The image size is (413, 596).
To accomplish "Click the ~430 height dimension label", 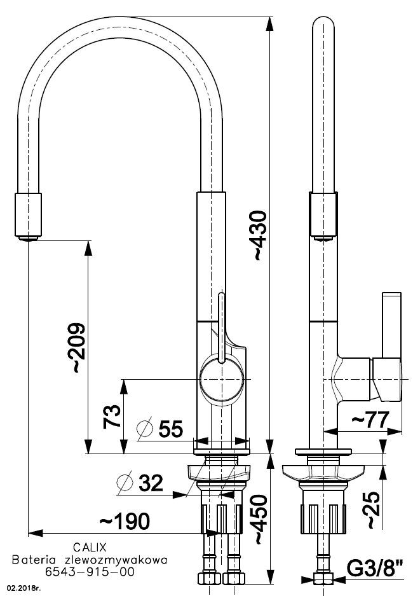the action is [261, 235].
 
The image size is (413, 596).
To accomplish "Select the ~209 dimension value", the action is [76, 347].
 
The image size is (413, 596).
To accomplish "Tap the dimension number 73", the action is [112, 417].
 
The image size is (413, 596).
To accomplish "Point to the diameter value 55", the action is [171, 429].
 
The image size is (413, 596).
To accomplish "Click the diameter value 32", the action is [151, 483].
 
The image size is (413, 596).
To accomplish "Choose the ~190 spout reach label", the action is [125, 522].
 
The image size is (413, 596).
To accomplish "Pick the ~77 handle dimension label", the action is [370, 420].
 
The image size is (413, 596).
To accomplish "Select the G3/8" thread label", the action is [375, 569].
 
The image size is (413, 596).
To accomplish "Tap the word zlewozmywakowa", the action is [116, 560].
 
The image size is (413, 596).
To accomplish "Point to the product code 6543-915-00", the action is [90, 572].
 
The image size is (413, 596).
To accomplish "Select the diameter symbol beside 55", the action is [145, 429].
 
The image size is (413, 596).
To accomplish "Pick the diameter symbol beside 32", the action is [125, 483].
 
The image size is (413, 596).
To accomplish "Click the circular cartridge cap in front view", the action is [221, 379].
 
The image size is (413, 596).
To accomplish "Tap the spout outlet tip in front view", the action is [29, 239].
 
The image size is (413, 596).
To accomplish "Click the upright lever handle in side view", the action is [392, 325].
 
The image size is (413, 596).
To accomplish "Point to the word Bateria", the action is [34, 560].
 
